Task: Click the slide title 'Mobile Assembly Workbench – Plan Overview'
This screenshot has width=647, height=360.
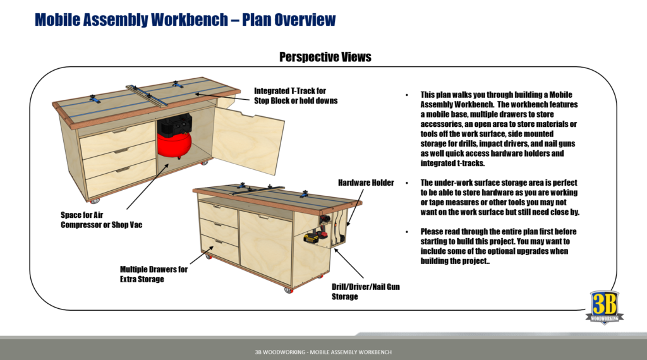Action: (184, 20)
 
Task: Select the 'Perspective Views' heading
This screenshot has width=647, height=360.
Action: (325, 57)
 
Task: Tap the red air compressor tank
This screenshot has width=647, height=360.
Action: (172, 146)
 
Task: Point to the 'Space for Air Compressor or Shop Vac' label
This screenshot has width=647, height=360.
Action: (101, 220)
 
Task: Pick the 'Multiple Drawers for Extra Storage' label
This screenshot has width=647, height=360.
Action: (154, 274)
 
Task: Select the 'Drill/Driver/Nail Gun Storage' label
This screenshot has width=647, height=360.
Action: (366, 291)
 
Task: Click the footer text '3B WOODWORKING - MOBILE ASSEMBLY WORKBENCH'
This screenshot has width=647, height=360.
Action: (323, 351)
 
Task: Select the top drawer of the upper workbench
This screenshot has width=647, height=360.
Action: (118, 135)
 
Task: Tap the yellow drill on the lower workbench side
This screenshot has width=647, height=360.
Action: (312, 238)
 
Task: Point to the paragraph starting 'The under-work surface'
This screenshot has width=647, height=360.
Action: (499, 197)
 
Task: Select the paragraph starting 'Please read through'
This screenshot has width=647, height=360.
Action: (499, 246)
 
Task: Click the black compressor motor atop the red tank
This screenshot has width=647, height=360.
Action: (172, 124)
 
